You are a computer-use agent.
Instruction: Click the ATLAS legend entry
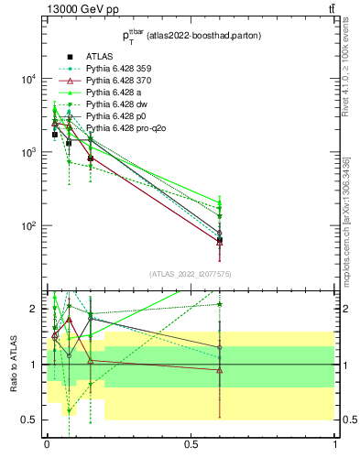[x=100, y=56]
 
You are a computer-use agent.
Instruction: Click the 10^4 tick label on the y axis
[x=28, y=79]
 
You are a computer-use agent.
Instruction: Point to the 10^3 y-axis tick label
[x=28, y=152]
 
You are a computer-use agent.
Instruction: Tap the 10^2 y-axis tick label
[x=28, y=226]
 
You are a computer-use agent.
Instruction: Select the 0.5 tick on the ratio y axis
[x=30, y=420]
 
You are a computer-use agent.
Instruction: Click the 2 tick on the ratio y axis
[x=35, y=309]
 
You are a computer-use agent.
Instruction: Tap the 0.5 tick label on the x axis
[x=191, y=445]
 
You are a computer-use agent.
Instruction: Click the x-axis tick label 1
[x=335, y=445]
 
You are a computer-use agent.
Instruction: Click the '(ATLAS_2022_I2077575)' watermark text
[x=191, y=274]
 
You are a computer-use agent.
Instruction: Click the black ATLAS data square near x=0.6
[x=220, y=240]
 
